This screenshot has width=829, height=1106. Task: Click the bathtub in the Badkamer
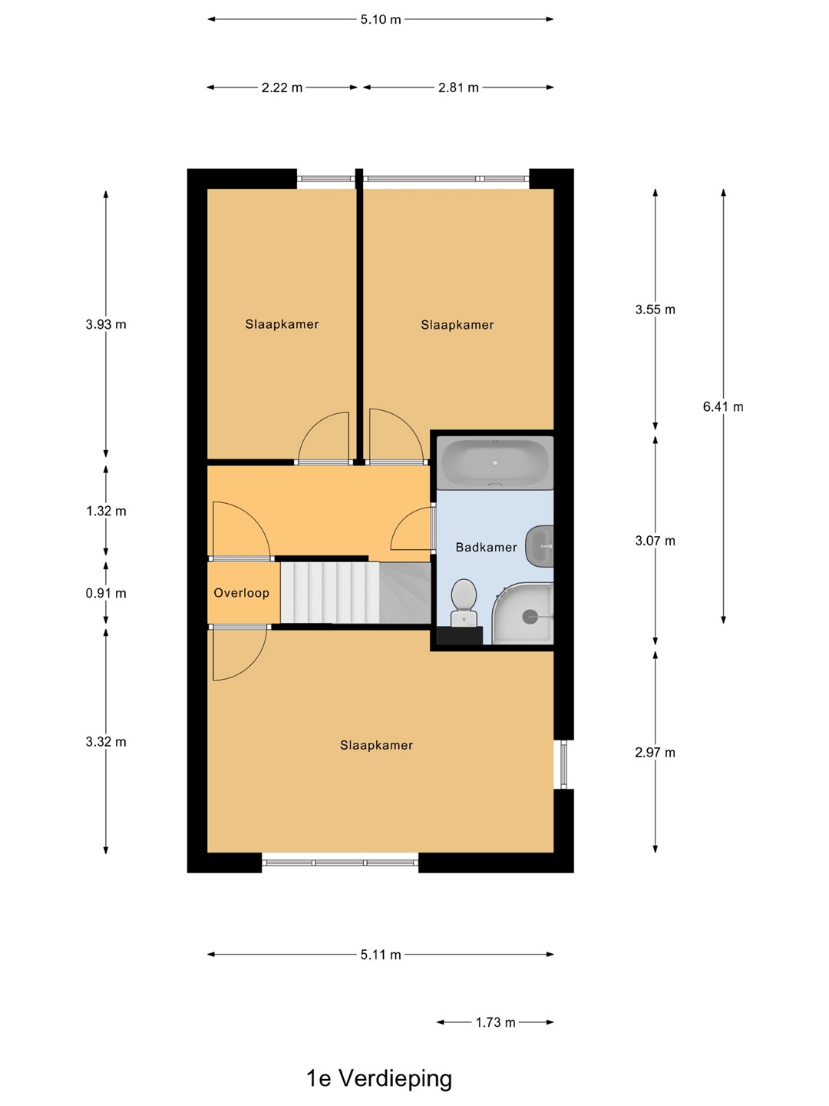point(495,462)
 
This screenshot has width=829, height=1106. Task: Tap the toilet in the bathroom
point(464,603)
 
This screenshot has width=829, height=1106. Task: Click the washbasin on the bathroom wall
point(540,545)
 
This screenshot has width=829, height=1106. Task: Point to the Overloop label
point(241,592)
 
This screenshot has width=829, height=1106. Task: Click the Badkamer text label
point(486,547)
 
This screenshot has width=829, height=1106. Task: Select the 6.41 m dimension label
point(723,406)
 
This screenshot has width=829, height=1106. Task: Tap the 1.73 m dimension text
point(495,1022)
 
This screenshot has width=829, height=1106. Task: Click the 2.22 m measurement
point(282,88)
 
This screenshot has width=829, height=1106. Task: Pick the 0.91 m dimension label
point(106,593)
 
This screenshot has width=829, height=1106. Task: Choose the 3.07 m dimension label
point(655,541)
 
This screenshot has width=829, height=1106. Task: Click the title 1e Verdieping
point(379,1078)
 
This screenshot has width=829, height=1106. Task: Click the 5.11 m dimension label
point(381,955)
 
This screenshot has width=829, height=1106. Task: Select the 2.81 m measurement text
point(458,88)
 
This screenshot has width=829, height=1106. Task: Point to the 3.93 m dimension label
point(106,324)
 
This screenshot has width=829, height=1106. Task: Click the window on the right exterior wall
point(563,764)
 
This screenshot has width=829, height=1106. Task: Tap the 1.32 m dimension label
point(106,511)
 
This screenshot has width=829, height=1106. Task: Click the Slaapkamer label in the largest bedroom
point(376,745)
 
